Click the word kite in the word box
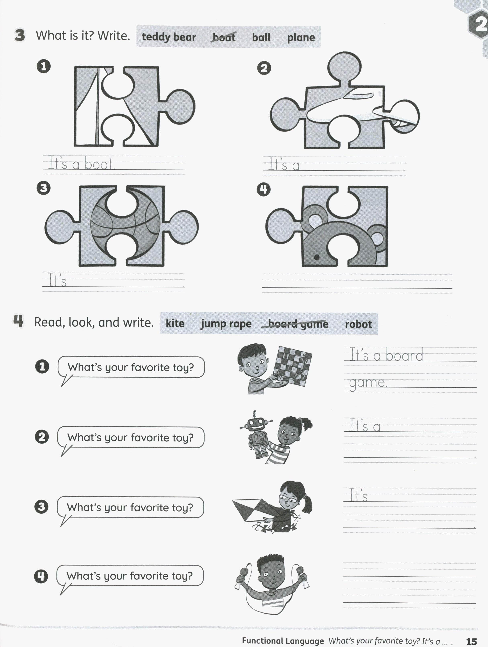coord(175,323)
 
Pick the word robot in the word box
coord(358,324)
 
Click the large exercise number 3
coord(20,35)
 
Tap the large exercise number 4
coord(18,321)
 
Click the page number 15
coord(471,641)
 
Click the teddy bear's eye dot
coord(316,257)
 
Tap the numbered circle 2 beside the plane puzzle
coord(264,68)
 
